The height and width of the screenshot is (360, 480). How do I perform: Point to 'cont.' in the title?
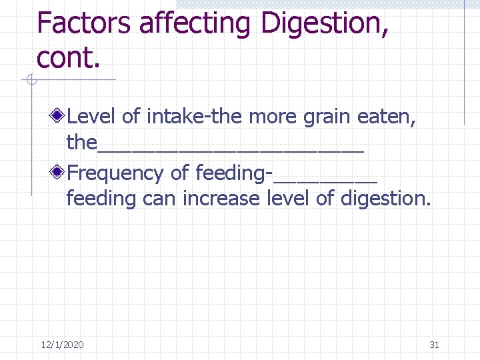[x=69, y=58]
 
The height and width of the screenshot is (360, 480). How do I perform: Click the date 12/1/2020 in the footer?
[x=62, y=345]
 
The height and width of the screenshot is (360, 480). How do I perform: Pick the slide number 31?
[x=434, y=345]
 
